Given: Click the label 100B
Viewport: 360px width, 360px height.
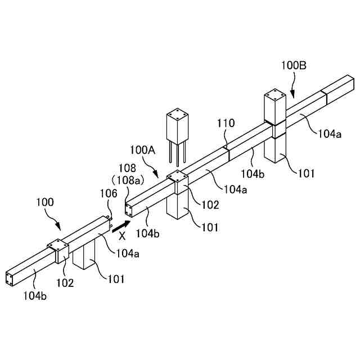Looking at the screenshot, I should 294,66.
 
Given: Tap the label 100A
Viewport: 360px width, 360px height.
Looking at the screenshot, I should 142,150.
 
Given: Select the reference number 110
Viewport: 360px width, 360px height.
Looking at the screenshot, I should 227,123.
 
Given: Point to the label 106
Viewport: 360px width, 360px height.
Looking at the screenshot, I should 109,193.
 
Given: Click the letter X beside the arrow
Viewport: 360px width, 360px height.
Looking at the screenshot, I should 121,237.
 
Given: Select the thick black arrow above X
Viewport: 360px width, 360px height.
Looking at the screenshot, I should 120,226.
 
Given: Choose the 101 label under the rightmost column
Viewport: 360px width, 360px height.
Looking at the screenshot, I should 306,174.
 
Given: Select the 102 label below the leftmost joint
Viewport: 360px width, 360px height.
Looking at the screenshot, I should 65,283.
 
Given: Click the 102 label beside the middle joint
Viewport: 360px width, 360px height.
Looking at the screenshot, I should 210,205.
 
